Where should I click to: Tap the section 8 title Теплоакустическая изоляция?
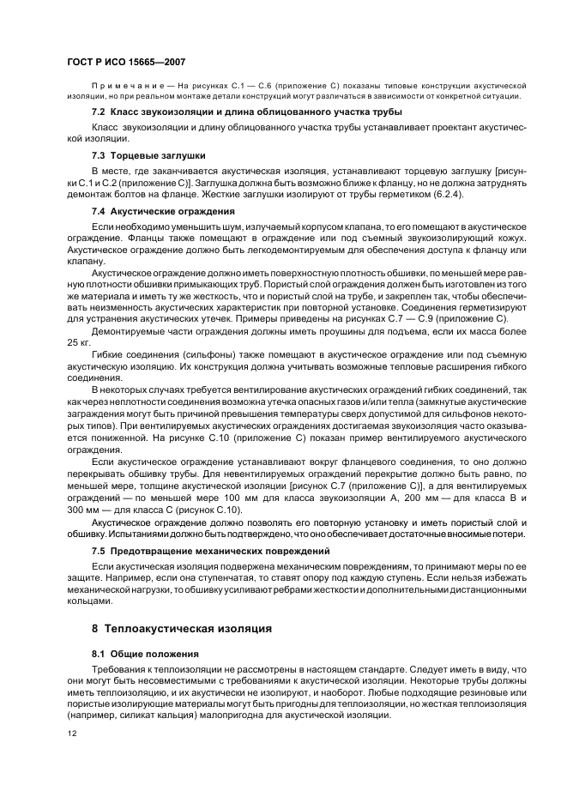click(191, 628)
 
